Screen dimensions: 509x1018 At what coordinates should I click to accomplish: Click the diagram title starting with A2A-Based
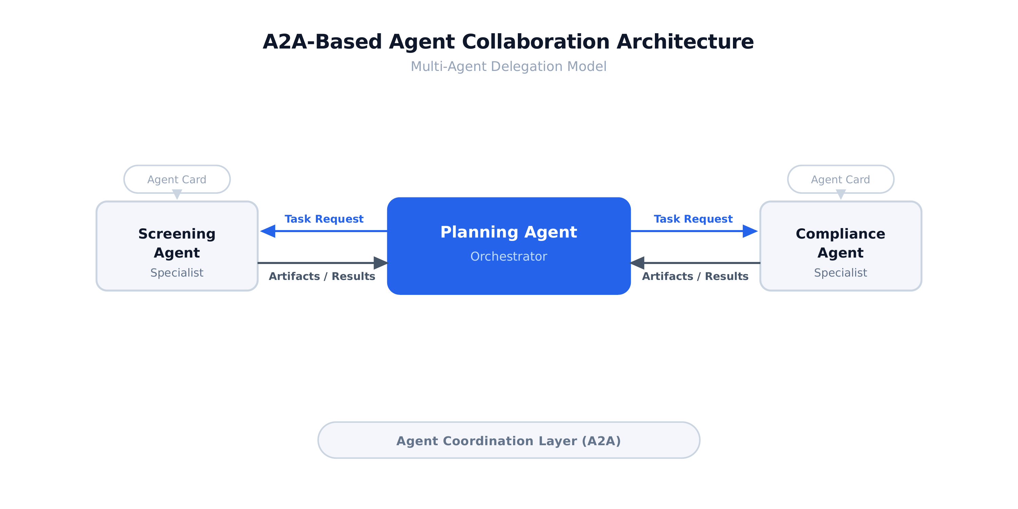click(x=508, y=42)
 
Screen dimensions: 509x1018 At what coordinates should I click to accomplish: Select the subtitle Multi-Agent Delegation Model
click(x=508, y=67)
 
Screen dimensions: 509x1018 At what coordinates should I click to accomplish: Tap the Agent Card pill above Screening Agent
click(x=177, y=180)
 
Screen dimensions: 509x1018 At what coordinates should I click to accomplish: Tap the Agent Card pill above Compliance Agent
click(x=840, y=180)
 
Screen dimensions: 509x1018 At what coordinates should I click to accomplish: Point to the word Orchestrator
click(x=509, y=257)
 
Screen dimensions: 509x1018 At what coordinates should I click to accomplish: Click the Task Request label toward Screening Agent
click(x=324, y=219)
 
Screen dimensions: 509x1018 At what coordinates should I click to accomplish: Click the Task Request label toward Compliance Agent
click(x=693, y=219)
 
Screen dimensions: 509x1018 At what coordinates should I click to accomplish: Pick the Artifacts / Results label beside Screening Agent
click(x=322, y=276)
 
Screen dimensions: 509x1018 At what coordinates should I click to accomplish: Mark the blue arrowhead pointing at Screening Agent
click(x=268, y=231)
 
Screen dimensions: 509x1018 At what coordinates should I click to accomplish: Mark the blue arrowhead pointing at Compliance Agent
click(x=750, y=231)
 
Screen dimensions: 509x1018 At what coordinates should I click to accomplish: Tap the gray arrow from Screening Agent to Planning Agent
click(x=316, y=263)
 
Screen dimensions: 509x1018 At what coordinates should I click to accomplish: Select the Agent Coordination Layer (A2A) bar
click(x=509, y=440)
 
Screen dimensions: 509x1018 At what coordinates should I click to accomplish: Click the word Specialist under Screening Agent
click(x=177, y=273)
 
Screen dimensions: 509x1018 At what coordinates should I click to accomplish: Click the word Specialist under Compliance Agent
click(x=840, y=273)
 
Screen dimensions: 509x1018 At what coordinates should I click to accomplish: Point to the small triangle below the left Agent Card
click(x=177, y=194)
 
